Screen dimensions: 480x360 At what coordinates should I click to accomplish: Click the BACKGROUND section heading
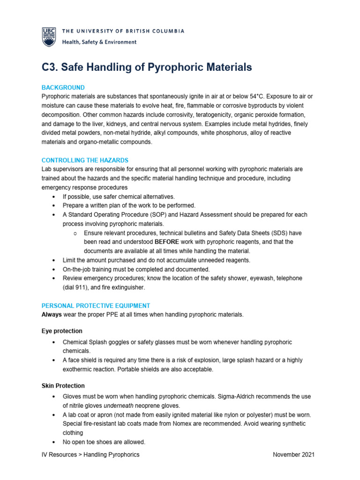[x=63, y=88]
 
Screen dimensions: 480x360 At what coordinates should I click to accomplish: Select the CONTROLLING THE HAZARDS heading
[x=85, y=160]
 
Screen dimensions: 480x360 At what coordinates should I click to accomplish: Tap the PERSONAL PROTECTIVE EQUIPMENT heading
[x=96, y=306]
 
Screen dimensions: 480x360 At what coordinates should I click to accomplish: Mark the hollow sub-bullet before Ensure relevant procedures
[x=75, y=233]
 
